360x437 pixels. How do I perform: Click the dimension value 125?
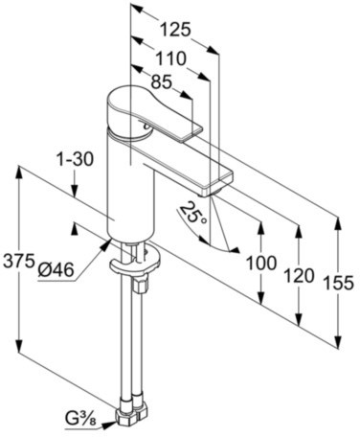[x=173, y=30]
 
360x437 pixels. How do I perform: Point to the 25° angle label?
[x=196, y=215]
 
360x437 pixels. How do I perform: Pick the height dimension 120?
[x=301, y=276]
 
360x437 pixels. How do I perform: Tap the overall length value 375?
[x=18, y=261]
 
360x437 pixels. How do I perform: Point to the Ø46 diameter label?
[x=57, y=271]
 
